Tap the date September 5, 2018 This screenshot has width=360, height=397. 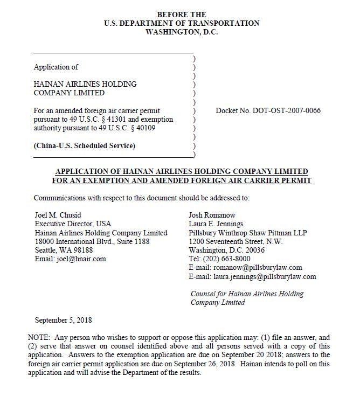(63, 321)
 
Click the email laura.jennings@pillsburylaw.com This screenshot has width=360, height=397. (264, 276)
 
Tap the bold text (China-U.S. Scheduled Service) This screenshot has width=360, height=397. (85, 146)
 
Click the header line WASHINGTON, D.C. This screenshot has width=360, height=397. (182, 32)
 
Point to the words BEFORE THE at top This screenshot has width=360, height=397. (182, 14)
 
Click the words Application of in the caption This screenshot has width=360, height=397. (56, 67)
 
